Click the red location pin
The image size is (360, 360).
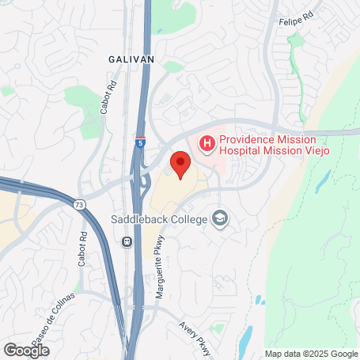tap(180, 164)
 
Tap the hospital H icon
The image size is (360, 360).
tap(207, 143)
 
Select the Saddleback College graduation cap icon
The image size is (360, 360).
tap(220, 219)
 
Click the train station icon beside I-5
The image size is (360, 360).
tap(127, 242)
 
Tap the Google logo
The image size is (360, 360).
tap(27, 349)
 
